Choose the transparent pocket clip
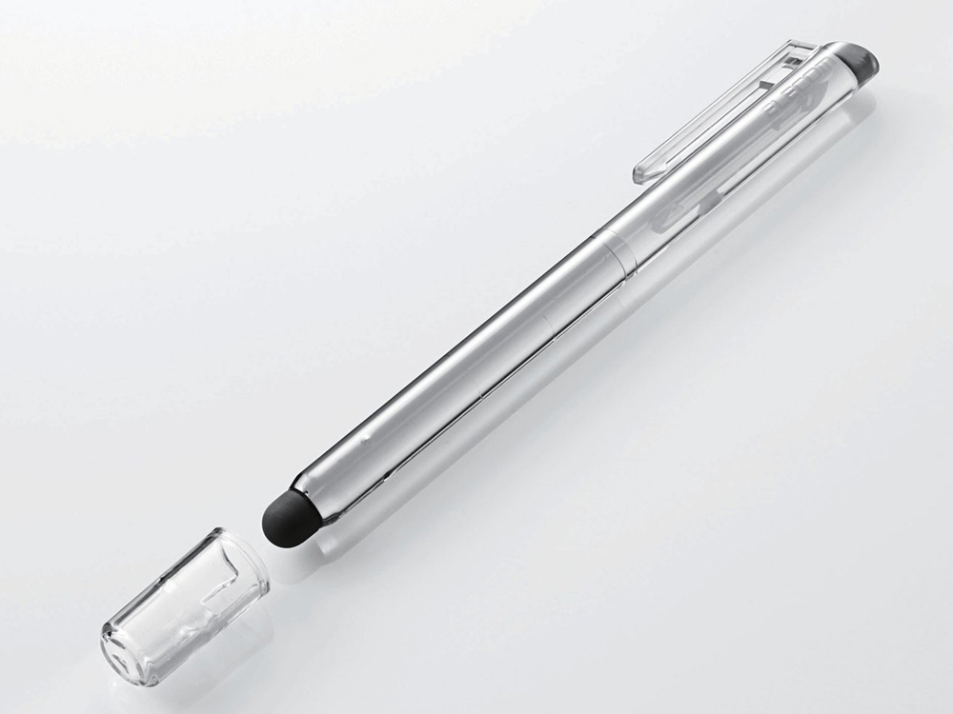point(724,109)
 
